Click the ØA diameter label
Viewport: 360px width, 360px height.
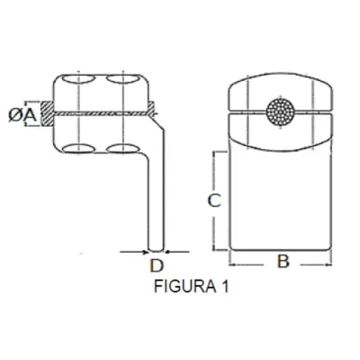pos(26,113)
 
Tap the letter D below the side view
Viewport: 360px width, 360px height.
pos(156,265)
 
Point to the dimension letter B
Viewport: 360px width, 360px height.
pos(282,263)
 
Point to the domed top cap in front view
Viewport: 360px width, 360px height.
pos(281,85)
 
